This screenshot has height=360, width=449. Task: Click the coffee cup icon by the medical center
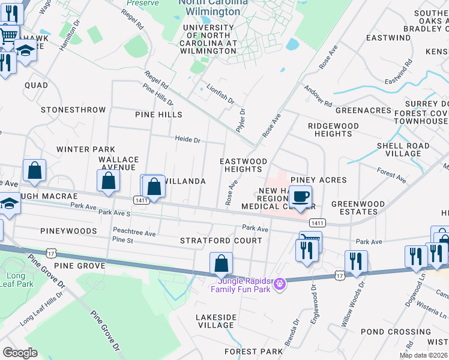300,196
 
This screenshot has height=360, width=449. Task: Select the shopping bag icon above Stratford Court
221,263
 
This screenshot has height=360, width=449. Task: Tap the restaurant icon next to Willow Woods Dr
356,261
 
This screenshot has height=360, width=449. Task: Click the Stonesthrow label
73,110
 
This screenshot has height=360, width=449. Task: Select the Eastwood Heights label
243,166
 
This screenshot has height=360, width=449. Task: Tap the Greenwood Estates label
358,208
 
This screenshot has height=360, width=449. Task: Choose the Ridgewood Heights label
333,130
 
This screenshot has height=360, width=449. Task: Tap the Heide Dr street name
187,140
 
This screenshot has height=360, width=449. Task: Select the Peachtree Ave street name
134,233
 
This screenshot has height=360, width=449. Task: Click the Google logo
20,353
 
